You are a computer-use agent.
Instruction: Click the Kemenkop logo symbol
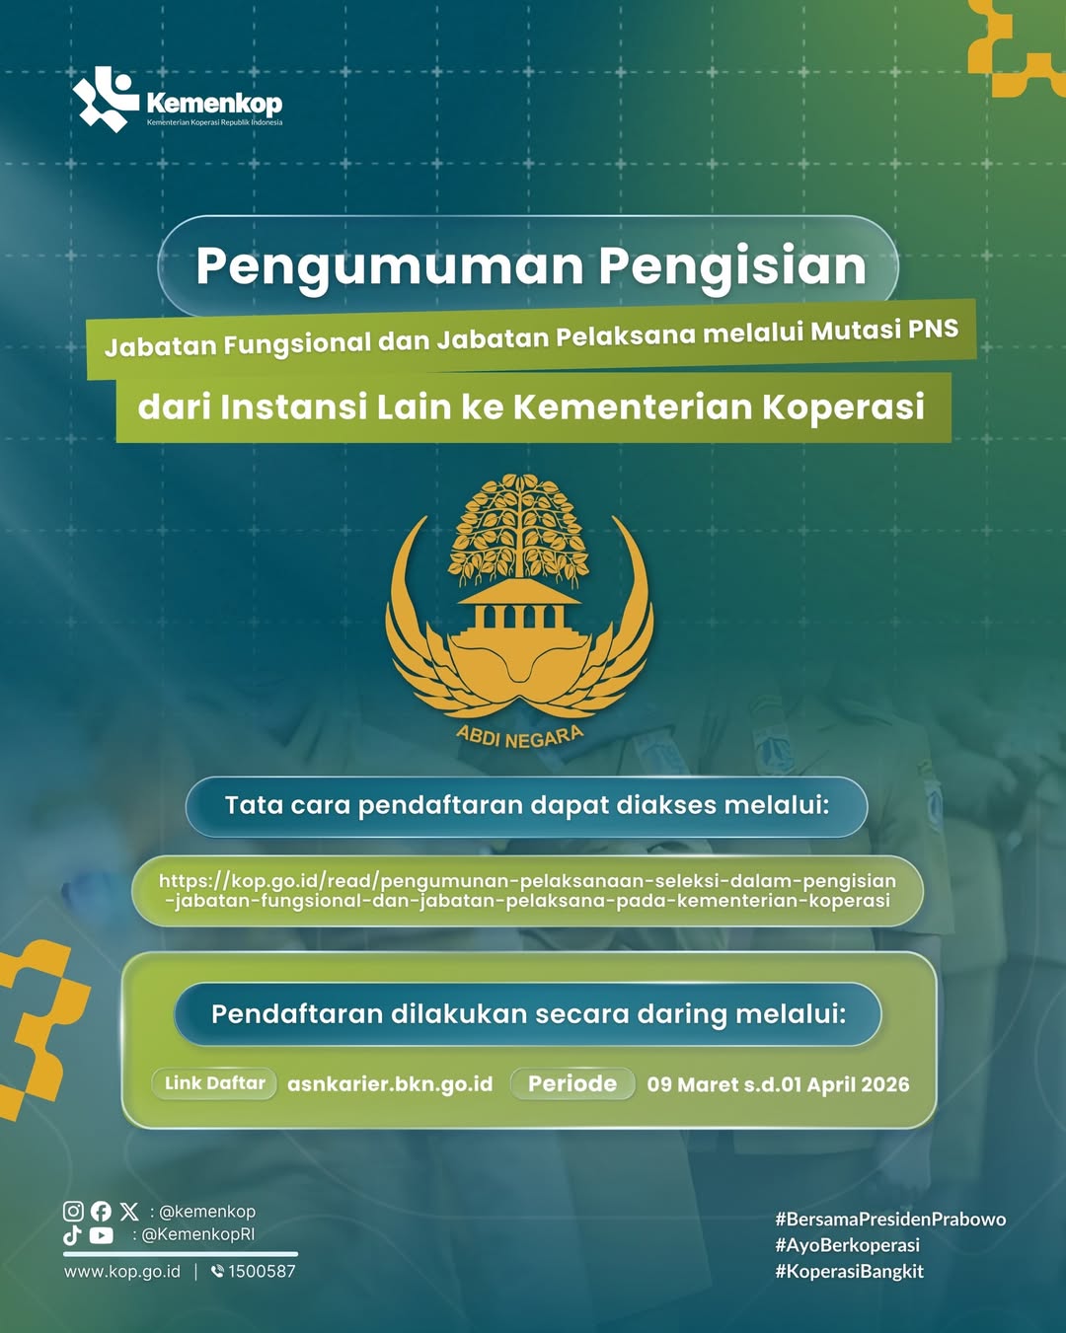tap(105, 99)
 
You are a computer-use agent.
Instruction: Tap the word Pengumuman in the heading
tap(390, 266)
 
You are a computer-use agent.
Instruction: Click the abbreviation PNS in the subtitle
tap(933, 329)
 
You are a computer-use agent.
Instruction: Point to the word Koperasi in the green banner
tap(844, 407)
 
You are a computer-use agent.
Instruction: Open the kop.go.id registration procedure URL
tap(527, 890)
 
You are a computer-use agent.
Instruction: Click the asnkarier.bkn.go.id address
tap(390, 1084)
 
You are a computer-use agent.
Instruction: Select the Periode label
tap(572, 1083)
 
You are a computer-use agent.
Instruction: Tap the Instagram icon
tap(73, 1211)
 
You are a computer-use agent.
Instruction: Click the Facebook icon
tap(101, 1211)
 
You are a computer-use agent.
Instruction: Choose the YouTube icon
tap(102, 1234)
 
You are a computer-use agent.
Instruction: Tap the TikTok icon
tap(72, 1234)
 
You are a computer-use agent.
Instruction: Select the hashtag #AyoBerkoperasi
tap(847, 1245)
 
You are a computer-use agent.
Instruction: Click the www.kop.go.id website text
tap(122, 1271)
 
